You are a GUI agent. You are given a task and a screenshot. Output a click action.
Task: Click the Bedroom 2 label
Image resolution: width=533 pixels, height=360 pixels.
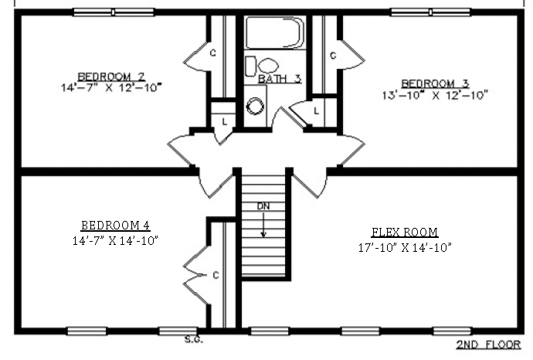pos(111,76)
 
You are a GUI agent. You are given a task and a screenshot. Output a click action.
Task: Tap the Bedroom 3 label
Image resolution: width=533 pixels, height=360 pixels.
pos(436,83)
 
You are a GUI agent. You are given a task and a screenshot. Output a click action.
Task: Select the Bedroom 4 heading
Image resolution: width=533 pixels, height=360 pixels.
pos(115,226)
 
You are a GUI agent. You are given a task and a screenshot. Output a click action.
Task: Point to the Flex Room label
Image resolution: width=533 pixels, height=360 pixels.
pos(405,233)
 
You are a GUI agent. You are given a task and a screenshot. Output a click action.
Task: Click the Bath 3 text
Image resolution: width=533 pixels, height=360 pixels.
pos(280,79)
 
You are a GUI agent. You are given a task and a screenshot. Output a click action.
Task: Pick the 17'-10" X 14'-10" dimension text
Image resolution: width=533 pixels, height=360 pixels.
pos(405,248)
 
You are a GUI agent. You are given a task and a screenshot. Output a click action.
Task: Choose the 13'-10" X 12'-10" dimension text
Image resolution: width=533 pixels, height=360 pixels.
pos(435,95)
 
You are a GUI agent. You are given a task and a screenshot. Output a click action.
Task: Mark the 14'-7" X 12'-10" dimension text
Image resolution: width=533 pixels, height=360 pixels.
pos(111,87)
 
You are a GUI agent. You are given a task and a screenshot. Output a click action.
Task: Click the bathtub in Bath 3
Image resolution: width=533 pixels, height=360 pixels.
pos(275,32)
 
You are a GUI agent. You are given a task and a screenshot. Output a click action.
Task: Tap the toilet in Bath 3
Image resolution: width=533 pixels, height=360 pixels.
pos(262,66)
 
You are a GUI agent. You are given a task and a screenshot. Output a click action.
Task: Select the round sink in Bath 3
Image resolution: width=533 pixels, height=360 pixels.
pos(255,106)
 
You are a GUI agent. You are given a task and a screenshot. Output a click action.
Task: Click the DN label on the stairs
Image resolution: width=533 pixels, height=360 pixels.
pos(263,206)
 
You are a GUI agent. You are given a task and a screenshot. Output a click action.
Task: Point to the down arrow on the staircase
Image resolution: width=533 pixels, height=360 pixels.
pos(263,224)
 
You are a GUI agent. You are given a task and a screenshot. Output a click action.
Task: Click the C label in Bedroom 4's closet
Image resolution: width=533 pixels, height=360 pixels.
pos(216,275)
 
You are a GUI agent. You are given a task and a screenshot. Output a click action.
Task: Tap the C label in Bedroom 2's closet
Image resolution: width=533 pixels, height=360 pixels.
pos(213,53)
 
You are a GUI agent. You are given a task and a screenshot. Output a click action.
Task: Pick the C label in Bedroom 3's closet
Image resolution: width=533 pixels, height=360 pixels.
pos(333,55)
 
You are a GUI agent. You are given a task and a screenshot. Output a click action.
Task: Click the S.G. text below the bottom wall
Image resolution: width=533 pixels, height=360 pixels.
pos(194,339)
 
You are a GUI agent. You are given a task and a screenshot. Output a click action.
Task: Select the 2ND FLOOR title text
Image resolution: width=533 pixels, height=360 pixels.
pos(488,345)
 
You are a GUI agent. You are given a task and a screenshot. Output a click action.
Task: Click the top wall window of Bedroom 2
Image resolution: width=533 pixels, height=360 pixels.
pos(114,12)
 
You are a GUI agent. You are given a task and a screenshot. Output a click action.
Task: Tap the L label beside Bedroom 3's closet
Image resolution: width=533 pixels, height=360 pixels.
pos(317,110)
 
